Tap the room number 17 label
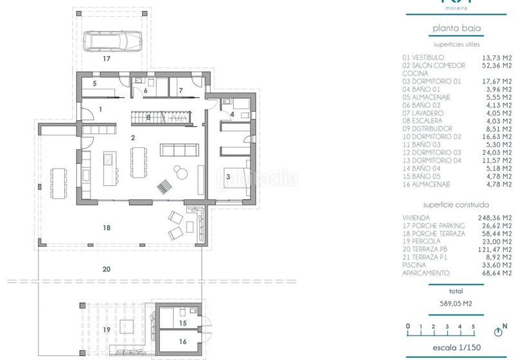point(107,59)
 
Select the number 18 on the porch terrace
point(107,228)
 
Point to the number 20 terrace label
point(105,270)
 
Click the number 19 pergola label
point(106,329)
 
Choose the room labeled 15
point(182,322)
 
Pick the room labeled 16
point(182,342)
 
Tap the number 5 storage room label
point(94,84)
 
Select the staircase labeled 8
point(149,117)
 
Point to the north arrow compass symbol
point(497,332)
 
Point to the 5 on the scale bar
point(473,327)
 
